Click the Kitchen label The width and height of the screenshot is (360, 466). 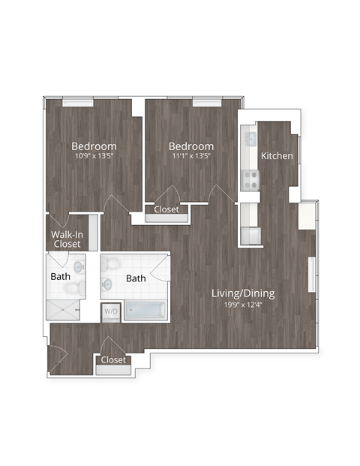pyautogui.click(x=277, y=156)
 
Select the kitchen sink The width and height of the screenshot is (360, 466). pyautogui.click(x=250, y=139)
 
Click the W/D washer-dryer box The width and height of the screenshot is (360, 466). pyautogui.click(x=111, y=310)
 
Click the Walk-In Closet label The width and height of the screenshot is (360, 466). pyautogui.click(x=67, y=239)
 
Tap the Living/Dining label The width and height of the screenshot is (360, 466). pyautogui.click(x=243, y=293)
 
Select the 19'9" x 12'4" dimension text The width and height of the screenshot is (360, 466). pyautogui.click(x=243, y=303)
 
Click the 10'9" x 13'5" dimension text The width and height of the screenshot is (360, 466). pyautogui.click(x=94, y=157)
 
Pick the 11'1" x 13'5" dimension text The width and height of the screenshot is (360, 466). pyautogui.click(x=191, y=157)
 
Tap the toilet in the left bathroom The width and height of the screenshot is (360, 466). pyautogui.click(x=77, y=266)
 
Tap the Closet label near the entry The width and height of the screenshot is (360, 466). pyautogui.click(x=113, y=360)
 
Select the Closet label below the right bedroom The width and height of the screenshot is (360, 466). pyautogui.click(x=166, y=210)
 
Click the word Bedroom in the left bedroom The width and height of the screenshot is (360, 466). pyautogui.click(x=94, y=146)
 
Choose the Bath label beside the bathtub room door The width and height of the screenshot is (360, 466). pyautogui.click(x=136, y=278)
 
